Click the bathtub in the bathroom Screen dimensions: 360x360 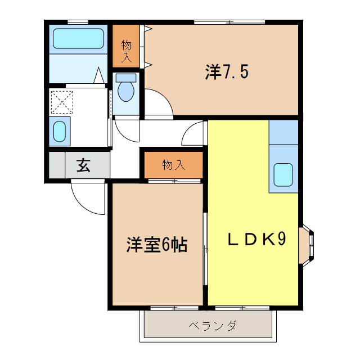pos(78,38)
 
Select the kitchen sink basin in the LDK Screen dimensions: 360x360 pos(283,175)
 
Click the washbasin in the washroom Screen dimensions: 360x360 pos(60,132)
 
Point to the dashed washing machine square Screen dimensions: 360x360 pos(62,102)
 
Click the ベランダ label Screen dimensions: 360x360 pos(213,326)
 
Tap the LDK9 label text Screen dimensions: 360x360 pos(256,239)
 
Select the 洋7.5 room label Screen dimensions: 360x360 pos(227,72)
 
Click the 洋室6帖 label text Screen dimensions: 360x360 pos(157,245)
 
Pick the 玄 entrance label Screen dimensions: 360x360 pos(83,165)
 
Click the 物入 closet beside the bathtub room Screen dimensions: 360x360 pos(126,46)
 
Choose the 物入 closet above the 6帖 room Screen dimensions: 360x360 pos(174,165)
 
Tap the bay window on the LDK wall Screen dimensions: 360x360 pos(307,246)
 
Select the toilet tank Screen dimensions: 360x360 pos(126,78)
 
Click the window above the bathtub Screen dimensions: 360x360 pos(78,22)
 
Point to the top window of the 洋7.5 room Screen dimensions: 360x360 pos(229,22)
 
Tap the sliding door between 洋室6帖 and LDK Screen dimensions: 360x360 pos(205,249)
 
